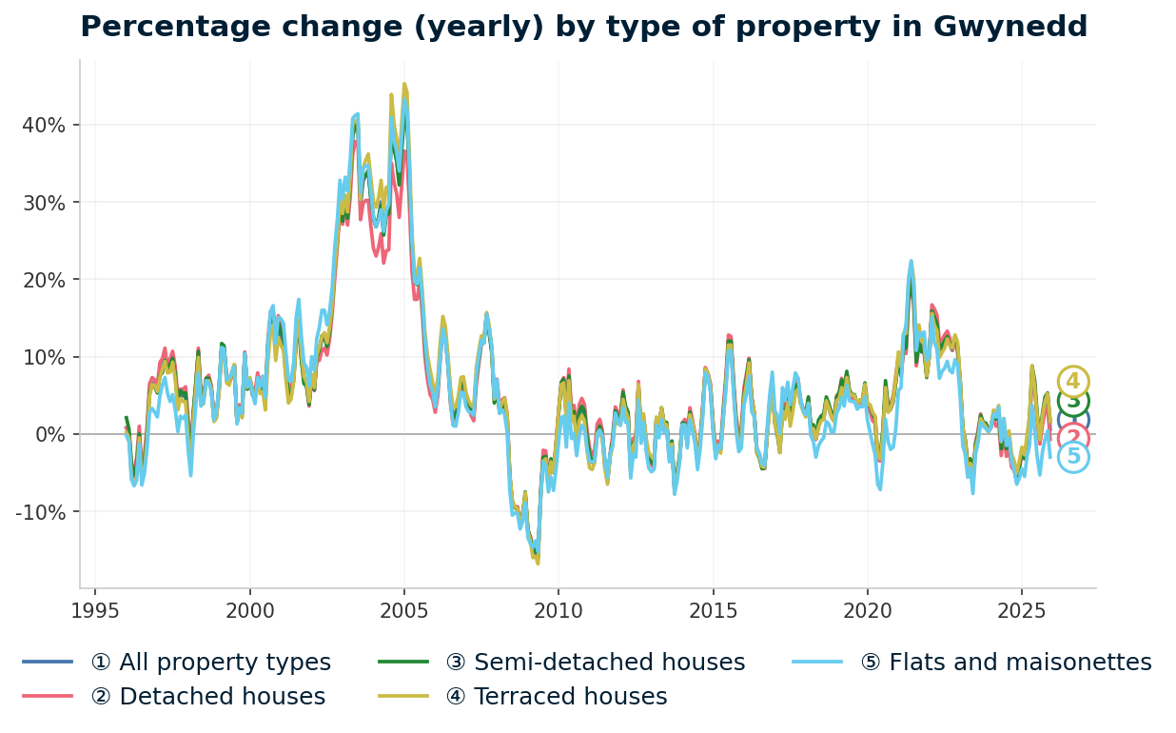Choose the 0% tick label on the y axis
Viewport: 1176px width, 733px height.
[x=49, y=434]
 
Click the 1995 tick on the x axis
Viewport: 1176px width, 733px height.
[x=95, y=609]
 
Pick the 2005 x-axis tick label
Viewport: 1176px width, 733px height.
[x=404, y=609]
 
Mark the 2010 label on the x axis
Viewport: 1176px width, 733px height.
[x=559, y=609]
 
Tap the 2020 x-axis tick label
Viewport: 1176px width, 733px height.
[x=867, y=609]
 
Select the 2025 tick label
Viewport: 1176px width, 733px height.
[x=1021, y=609]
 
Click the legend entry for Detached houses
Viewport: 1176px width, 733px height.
[x=207, y=697]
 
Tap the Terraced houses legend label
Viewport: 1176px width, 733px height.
[x=569, y=697]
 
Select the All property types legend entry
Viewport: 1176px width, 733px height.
[x=210, y=663]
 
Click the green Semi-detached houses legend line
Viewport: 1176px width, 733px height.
[x=404, y=663]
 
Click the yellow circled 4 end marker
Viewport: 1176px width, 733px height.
[x=1073, y=382]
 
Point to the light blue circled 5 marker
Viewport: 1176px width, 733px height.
[x=1073, y=458]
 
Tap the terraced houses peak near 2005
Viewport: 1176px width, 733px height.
[x=404, y=85]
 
